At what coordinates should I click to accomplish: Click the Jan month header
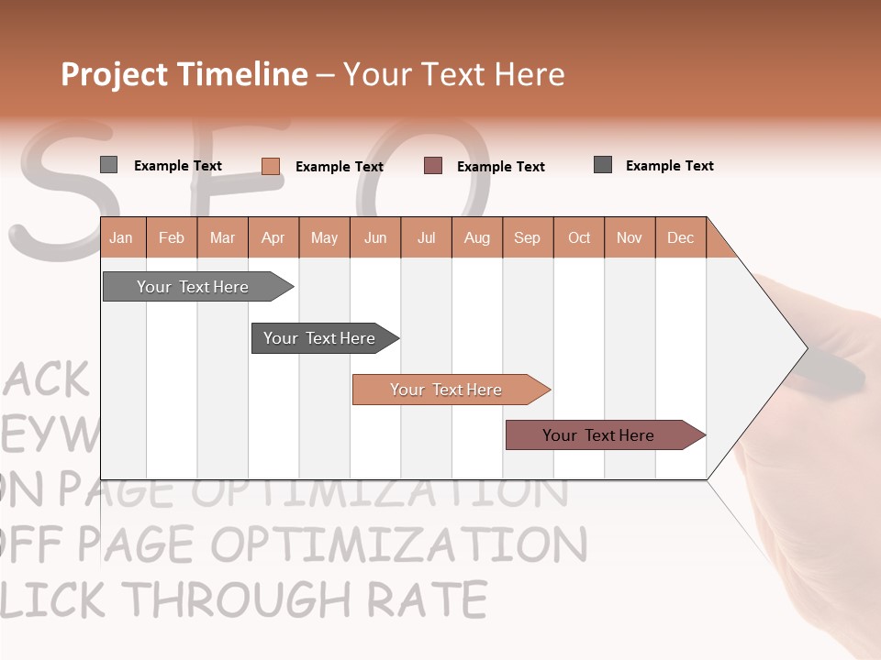[122, 237]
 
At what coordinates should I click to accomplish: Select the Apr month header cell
[273, 237]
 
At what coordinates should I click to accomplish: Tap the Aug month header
[477, 237]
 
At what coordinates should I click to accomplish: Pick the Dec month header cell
[680, 237]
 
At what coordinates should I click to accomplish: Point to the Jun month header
[375, 237]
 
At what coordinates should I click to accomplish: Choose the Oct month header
[579, 237]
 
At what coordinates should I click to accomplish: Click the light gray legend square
[108, 165]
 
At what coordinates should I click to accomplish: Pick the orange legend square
[270, 166]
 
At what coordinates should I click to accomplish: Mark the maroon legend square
[433, 166]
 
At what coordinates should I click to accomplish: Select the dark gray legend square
[603, 165]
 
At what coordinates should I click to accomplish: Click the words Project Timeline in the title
[184, 74]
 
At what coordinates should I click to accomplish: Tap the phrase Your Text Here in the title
[454, 74]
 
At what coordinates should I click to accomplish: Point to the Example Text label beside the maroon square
[501, 167]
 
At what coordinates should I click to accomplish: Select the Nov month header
[630, 237]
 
